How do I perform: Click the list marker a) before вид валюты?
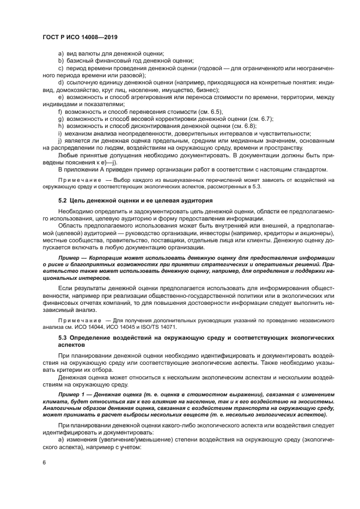click(60, 53)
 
